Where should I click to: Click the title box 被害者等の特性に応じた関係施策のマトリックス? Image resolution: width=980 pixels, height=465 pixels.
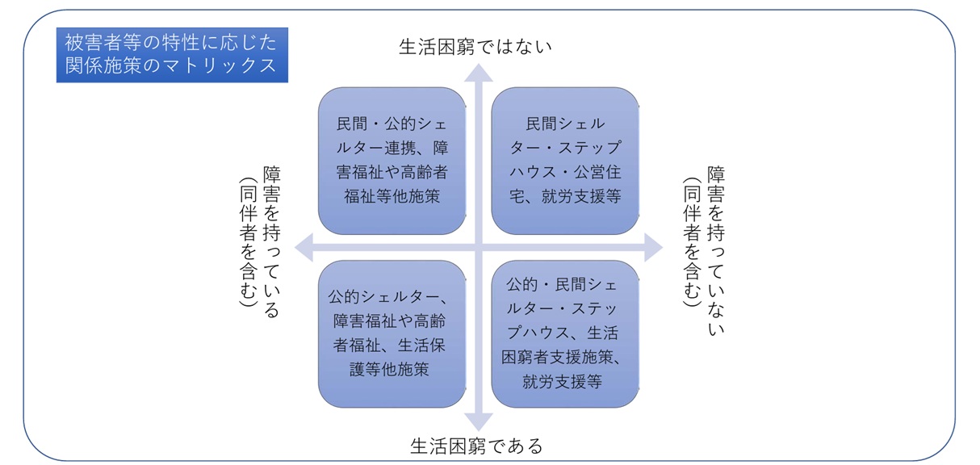172,55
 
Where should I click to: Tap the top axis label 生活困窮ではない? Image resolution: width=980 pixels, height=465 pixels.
475,47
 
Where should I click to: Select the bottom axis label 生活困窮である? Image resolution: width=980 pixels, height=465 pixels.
476,446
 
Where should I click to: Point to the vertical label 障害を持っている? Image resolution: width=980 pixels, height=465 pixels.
271,241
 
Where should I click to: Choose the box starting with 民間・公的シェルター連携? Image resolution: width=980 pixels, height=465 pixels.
392,161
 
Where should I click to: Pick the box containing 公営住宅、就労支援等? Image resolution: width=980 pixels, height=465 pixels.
565,161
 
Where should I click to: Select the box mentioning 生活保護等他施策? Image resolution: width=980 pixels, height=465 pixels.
392,333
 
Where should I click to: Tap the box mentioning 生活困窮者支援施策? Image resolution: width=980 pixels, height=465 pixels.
565,333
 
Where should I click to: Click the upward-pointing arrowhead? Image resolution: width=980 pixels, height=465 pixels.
478,73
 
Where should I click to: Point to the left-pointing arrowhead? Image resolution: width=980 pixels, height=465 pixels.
304,247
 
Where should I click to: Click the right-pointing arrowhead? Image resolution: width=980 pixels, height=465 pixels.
654,247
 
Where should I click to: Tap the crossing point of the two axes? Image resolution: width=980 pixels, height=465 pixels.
478,247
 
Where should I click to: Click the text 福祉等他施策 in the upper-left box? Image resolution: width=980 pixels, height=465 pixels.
392,196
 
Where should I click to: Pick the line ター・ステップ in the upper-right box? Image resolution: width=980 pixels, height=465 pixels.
565,148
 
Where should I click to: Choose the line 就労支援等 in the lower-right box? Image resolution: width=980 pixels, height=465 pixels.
562,382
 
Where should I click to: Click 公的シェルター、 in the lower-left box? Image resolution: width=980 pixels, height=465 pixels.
388,296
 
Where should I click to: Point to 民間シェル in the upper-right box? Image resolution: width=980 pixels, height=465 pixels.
565,124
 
